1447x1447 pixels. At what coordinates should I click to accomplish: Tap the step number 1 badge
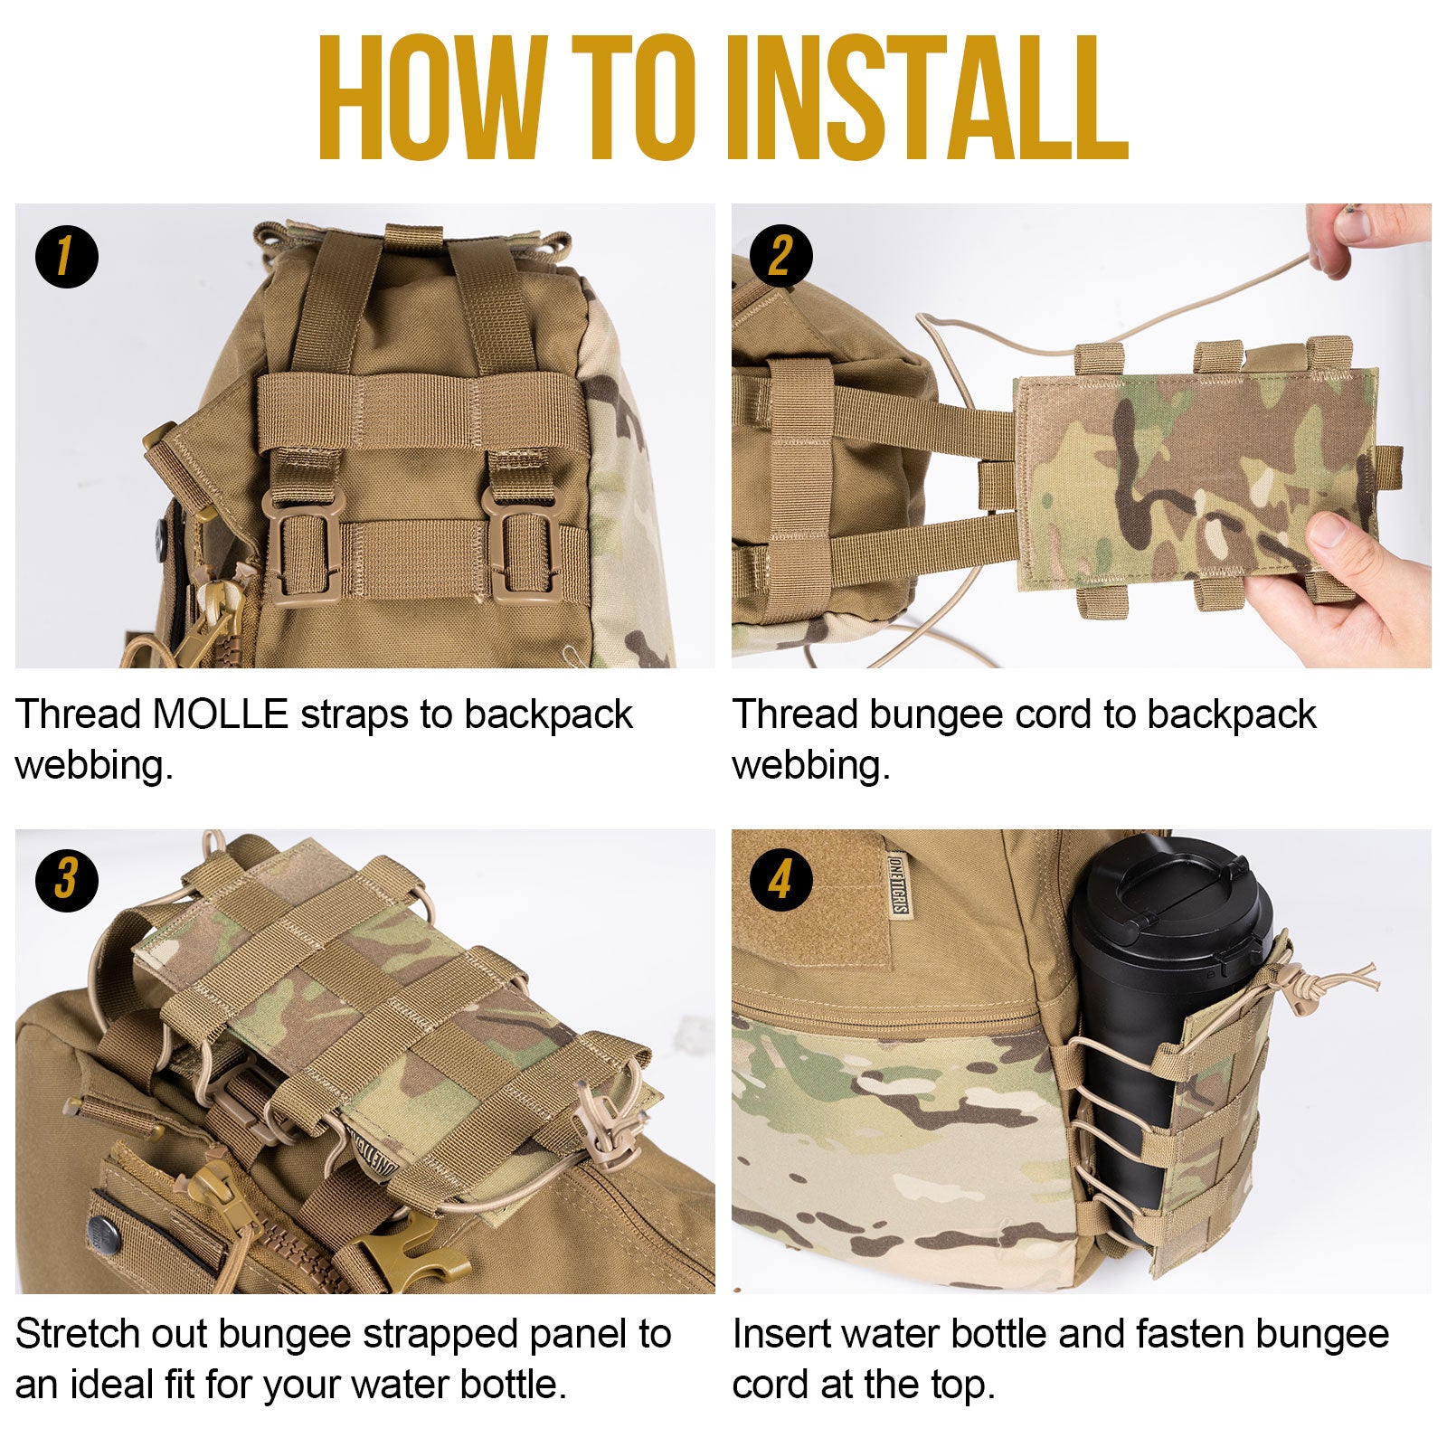[66, 257]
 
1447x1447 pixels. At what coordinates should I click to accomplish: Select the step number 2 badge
[781, 256]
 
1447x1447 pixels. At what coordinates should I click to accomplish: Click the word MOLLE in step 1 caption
[220, 714]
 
